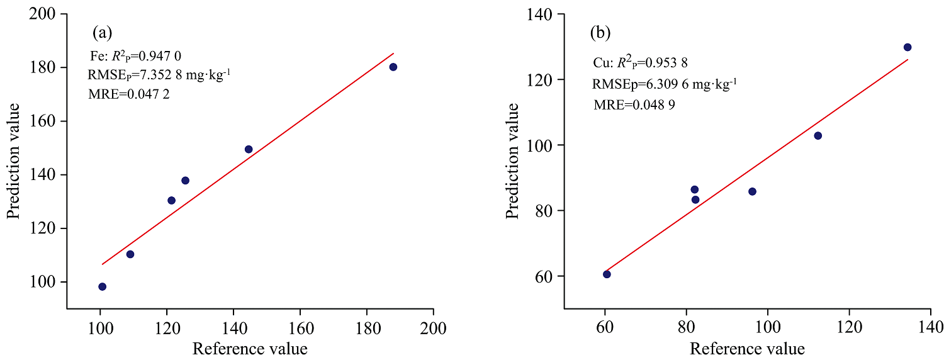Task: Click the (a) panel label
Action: pyautogui.click(x=103, y=31)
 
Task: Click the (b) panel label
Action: pyautogui.click(x=600, y=33)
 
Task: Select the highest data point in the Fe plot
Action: pyautogui.click(x=393, y=67)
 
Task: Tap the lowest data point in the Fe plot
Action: pyautogui.click(x=102, y=286)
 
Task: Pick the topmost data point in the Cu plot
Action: pyautogui.click(x=907, y=47)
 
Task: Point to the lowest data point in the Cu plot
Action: pyautogui.click(x=607, y=274)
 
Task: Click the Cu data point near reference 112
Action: pyautogui.click(x=818, y=135)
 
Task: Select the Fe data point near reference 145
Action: pyautogui.click(x=249, y=149)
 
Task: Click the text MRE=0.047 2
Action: pyautogui.click(x=129, y=94)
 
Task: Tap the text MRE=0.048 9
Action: pyautogui.click(x=634, y=105)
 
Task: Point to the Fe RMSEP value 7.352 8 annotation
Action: pyautogui.click(x=159, y=76)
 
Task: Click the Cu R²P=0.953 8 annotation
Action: pyautogui.click(x=639, y=63)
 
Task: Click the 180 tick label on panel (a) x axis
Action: pyautogui.click(x=366, y=328)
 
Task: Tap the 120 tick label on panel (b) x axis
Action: pyautogui.click(x=849, y=328)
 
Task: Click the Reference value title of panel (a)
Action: pyautogui.click(x=249, y=348)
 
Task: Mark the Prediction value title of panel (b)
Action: pyautogui.click(x=513, y=160)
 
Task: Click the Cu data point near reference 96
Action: pyautogui.click(x=752, y=191)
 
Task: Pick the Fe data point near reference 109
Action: pyautogui.click(x=130, y=254)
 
